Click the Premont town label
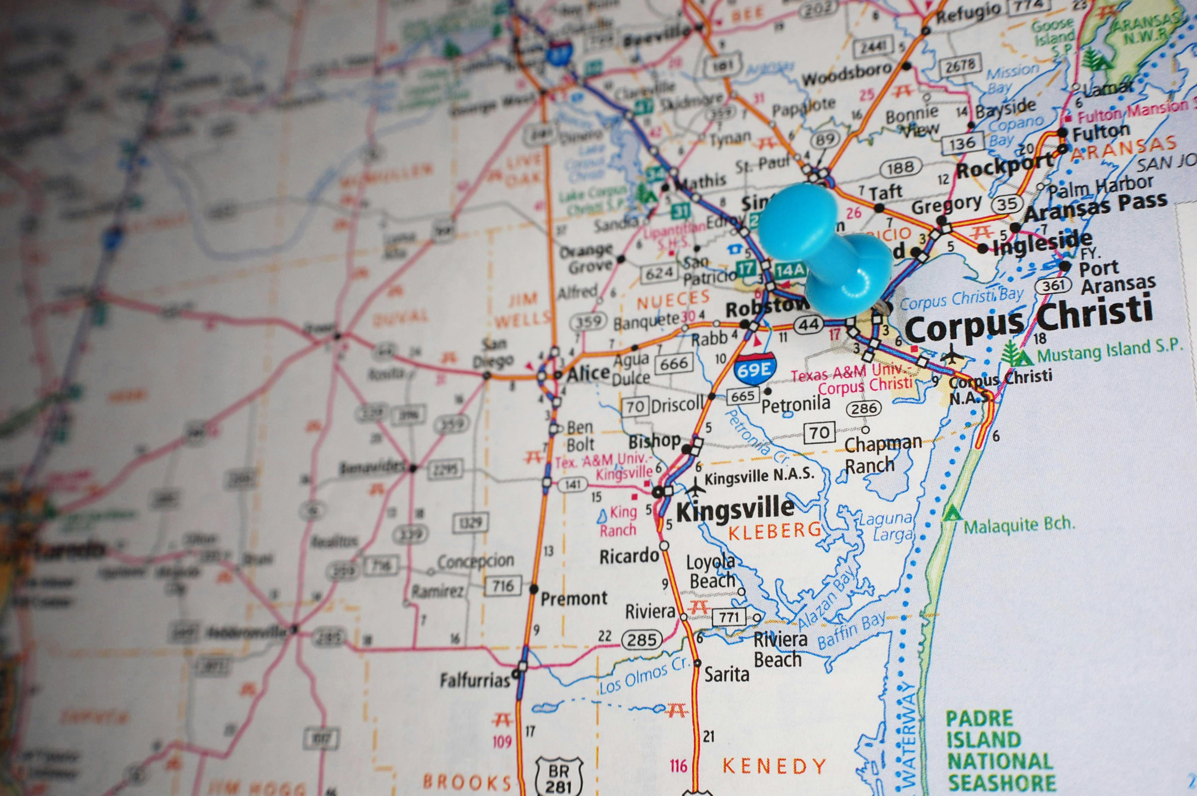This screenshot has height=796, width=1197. click(574, 598)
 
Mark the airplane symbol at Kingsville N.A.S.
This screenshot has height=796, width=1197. click(696, 487)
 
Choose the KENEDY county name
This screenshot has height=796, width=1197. click(774, 766)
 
